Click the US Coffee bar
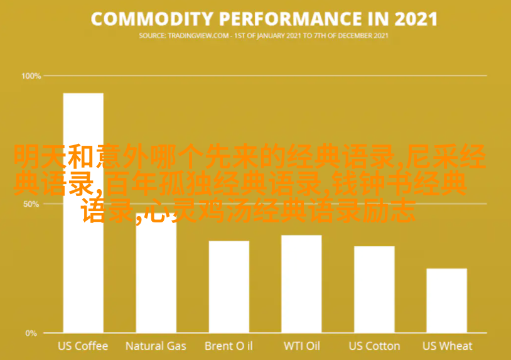83,251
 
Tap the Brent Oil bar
229,286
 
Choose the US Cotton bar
374,289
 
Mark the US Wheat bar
446,300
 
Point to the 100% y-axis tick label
31,76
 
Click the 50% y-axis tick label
33,204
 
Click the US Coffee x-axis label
83,346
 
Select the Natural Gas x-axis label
156,346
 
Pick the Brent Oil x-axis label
229,346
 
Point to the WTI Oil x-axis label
301,346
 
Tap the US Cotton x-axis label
374,346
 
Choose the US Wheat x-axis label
447,346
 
